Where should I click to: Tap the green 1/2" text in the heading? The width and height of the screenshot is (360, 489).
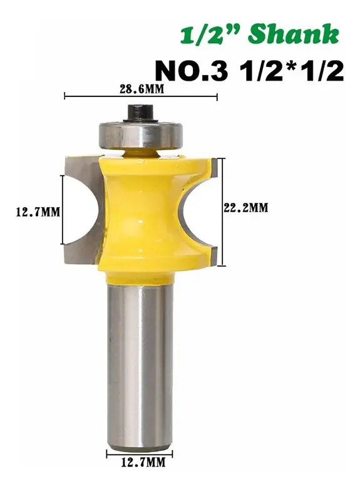212,34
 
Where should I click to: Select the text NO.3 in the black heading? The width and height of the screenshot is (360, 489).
192,71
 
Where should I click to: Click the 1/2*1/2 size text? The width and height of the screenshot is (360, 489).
290,71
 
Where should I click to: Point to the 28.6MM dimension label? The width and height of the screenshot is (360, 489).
141,90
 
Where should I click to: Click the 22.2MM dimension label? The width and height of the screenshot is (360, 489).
246,207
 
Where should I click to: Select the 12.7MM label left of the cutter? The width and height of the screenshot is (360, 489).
38,212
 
